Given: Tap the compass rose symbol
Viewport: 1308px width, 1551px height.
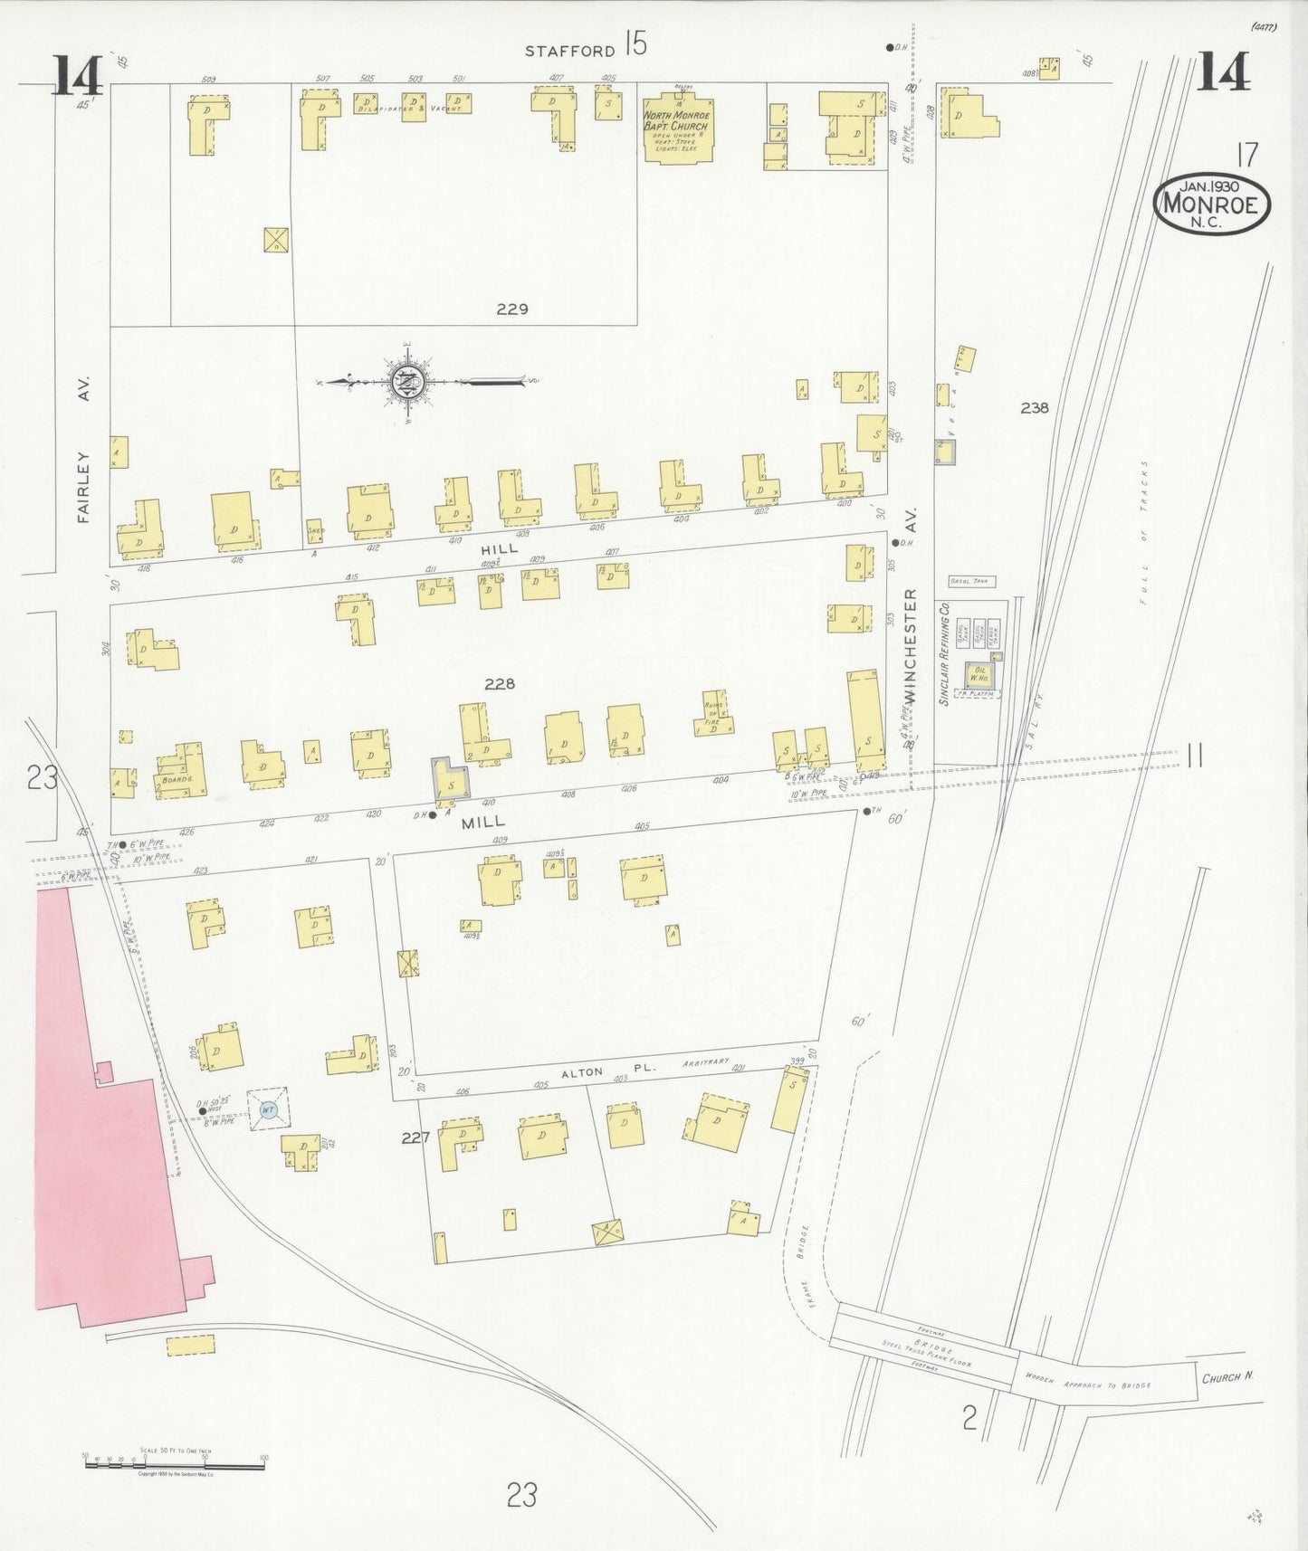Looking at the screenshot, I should tap(404, 382).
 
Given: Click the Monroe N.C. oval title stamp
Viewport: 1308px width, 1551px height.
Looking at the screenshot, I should tap(1211, 205).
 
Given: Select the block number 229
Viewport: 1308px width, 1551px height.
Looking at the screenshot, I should tap(512, 309).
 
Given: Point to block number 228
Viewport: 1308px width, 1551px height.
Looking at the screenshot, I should tap(499, 684).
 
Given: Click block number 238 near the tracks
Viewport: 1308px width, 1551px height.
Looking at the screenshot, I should tap(1035, 408).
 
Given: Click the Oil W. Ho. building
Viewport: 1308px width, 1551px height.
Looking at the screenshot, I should tap(979, 674).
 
